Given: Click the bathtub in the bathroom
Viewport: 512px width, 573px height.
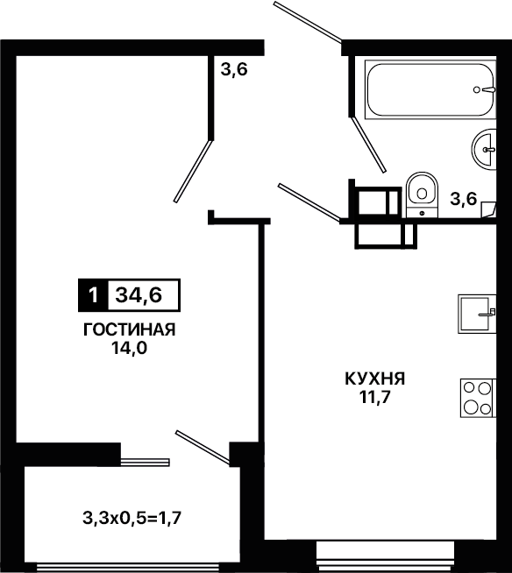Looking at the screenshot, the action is pos(430,89).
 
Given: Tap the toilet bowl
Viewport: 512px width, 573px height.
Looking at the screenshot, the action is pos(422,195).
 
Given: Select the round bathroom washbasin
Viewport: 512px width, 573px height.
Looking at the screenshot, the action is pos(484,149).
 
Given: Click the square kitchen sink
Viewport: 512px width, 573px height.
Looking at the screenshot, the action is pos(477,314).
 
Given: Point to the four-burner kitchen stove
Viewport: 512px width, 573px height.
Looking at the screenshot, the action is pos(478,398).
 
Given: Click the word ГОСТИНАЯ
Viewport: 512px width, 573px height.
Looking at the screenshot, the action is pos(130,329).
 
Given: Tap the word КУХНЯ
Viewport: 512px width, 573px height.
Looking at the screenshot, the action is pos(375,378).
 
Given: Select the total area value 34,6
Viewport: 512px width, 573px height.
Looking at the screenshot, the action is pos(139,295).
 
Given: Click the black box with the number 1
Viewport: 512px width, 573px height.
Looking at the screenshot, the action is pos(93,295).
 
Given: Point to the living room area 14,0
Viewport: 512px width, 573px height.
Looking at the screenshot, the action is pos(130,349).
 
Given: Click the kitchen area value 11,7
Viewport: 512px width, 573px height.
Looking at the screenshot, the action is pos(375,397).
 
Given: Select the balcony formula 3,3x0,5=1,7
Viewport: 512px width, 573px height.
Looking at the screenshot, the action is pos(132,518).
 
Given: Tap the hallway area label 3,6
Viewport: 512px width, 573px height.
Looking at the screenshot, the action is pos(234,69).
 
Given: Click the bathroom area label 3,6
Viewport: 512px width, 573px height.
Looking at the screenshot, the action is pos(464,199).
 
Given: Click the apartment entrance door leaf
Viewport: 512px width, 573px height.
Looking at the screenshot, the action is pos(308,21).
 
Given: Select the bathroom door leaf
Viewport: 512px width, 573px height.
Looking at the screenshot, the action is pos(368,145).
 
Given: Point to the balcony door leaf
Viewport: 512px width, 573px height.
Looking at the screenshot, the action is pos(203,448).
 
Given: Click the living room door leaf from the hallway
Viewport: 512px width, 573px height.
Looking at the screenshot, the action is pos(193,171).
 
